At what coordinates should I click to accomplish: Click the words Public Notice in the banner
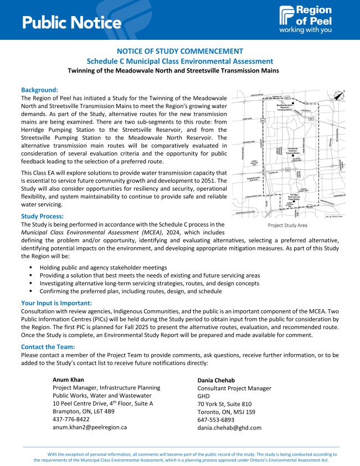pyautogui.click(x=72, y=22)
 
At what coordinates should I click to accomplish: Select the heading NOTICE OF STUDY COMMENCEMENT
pyautogui.click(x=180, y=51)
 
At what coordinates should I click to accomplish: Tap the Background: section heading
pyautogui.click(x=39, y=90)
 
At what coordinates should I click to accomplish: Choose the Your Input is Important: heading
pyautogui.click(x=56, y=303)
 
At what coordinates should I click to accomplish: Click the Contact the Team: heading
pyautogui.click(x=49, y=347)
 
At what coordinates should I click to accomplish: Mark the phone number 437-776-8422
pyautogui.click(x=71, y=419)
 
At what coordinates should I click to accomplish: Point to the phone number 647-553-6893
pyautogui.click(x=216, y=420)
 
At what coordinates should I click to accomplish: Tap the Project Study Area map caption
pyautogui.click(x=287, y=226)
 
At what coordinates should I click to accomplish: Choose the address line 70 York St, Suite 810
pyautogui.click(x=224, y=404)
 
